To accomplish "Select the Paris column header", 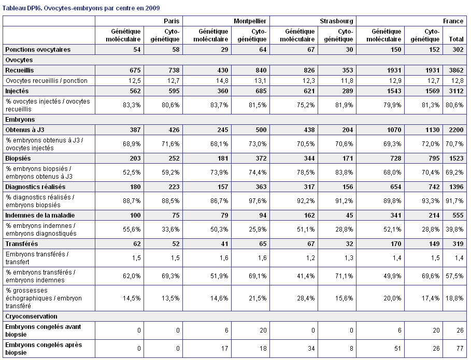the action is [x=172, y=21].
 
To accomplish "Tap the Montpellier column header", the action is [x=250, y=21].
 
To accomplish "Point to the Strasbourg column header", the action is [x=336, y=21].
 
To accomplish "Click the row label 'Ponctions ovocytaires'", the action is [x=38, y=50].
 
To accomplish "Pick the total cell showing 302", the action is [x=458, y=50].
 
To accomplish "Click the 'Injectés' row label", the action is [x=17, y=91].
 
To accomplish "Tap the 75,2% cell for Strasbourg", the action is [x=306, y=105].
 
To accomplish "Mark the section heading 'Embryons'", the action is [x=20, y=120].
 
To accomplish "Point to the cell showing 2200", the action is [x=456, y=129].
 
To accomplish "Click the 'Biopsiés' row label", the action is [x=18, y=158].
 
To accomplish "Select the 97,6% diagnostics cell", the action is [x=258, y=201].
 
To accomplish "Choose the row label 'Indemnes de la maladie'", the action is [x=40, y=215].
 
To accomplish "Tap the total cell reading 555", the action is [x=458, y=215].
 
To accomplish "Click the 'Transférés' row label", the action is [x=22, y=244].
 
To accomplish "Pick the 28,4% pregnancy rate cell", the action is [x=306, y=298].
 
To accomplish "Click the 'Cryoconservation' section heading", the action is [x=31, y=316].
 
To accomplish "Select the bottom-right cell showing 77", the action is [x=460, y=349].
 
